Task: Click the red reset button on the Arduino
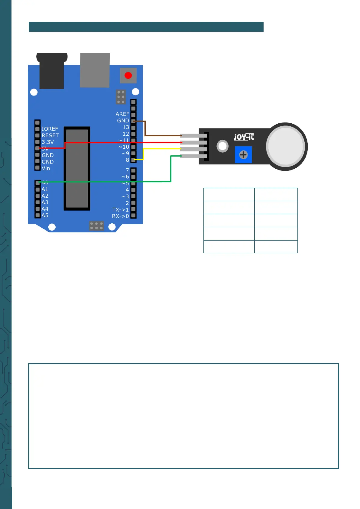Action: point(128,75)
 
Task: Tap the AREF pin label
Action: point(122,114)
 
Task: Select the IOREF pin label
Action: point(50,129)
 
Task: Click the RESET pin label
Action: point(50,135)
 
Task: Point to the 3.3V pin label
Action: point(48,142)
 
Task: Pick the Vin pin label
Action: point(46,168)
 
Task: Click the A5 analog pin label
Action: point(45,216)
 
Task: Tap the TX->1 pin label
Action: point(120,209)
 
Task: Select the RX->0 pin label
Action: point(120,216)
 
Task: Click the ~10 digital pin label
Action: point(124,147)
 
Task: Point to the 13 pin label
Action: point(126,127)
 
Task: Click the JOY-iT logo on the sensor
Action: point(244,137)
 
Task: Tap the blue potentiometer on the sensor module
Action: point(243,155)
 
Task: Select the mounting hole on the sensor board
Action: point(222,146)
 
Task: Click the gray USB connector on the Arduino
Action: point(95,70)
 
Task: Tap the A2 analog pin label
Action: point(45,196)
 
